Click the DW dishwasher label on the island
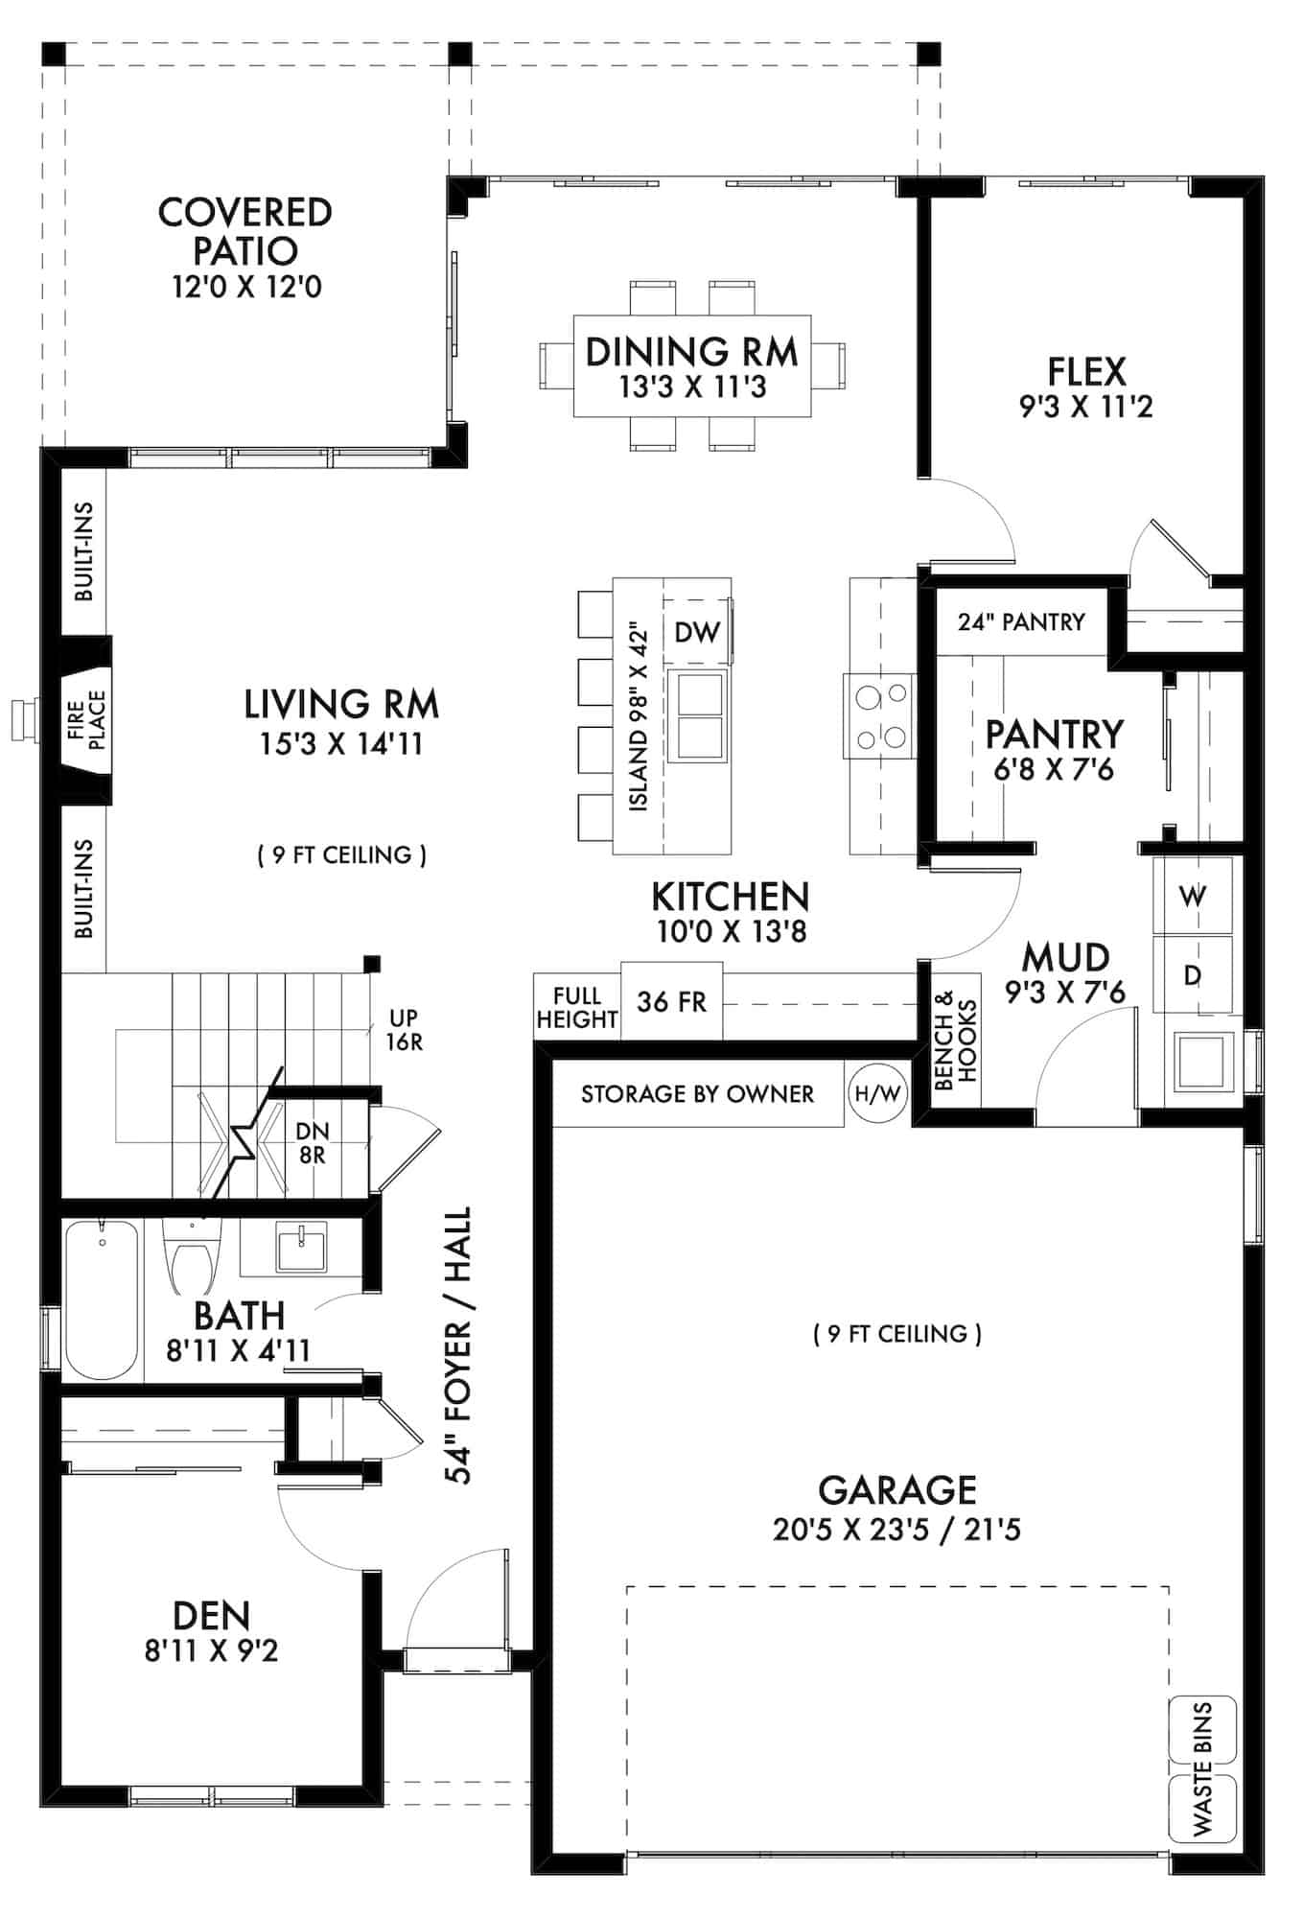(697, 632)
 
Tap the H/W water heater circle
(877, 1093)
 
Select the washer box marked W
(1192, 896)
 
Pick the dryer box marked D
(1192, 975)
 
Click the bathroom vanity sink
(300, 1248)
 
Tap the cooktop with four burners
(880, 716)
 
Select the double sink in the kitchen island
(697, 715)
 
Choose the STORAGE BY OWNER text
(697, 1094)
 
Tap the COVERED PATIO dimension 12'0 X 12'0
(246, 287)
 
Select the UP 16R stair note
(404, 1029)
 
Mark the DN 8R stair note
(313, 1143)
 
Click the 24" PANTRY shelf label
(1021, 622)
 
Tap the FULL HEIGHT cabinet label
(576, 1007)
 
